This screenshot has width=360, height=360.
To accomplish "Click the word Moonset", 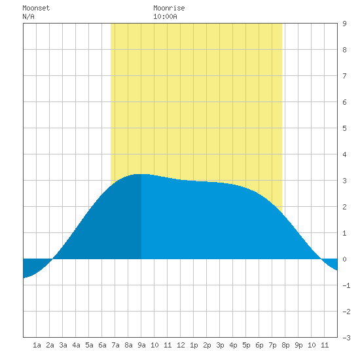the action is point(36,8).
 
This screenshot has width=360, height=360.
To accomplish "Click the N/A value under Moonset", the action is point(28,16).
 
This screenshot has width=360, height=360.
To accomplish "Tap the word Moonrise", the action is point(169,8).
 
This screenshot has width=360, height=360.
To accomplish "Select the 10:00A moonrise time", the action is point(165,16).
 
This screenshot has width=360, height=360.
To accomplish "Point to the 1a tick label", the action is point(37,345).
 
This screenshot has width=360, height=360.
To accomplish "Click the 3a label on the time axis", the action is point(63,345).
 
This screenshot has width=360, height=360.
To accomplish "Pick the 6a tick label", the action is point(102,345).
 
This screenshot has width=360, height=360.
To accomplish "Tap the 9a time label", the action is point(141,345).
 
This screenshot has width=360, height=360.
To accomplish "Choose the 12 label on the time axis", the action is point(181,345).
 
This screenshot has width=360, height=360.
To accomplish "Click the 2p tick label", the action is point(207,345).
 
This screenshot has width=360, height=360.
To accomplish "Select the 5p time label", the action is point(246,345).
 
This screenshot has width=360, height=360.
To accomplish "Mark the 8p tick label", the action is point(285,345).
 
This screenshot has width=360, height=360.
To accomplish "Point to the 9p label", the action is point(298,345).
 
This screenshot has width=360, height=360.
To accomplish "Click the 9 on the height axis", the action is point(344,24).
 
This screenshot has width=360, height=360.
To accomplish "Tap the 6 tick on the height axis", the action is point(344,102).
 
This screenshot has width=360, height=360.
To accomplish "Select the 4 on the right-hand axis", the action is point(344,154).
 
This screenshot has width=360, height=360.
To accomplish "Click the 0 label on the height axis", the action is point(344,259).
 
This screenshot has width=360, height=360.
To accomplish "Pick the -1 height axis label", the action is point(346,285).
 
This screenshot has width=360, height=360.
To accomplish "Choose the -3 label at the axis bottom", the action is point(346,338).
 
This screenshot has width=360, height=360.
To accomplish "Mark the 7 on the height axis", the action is point(344,76).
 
